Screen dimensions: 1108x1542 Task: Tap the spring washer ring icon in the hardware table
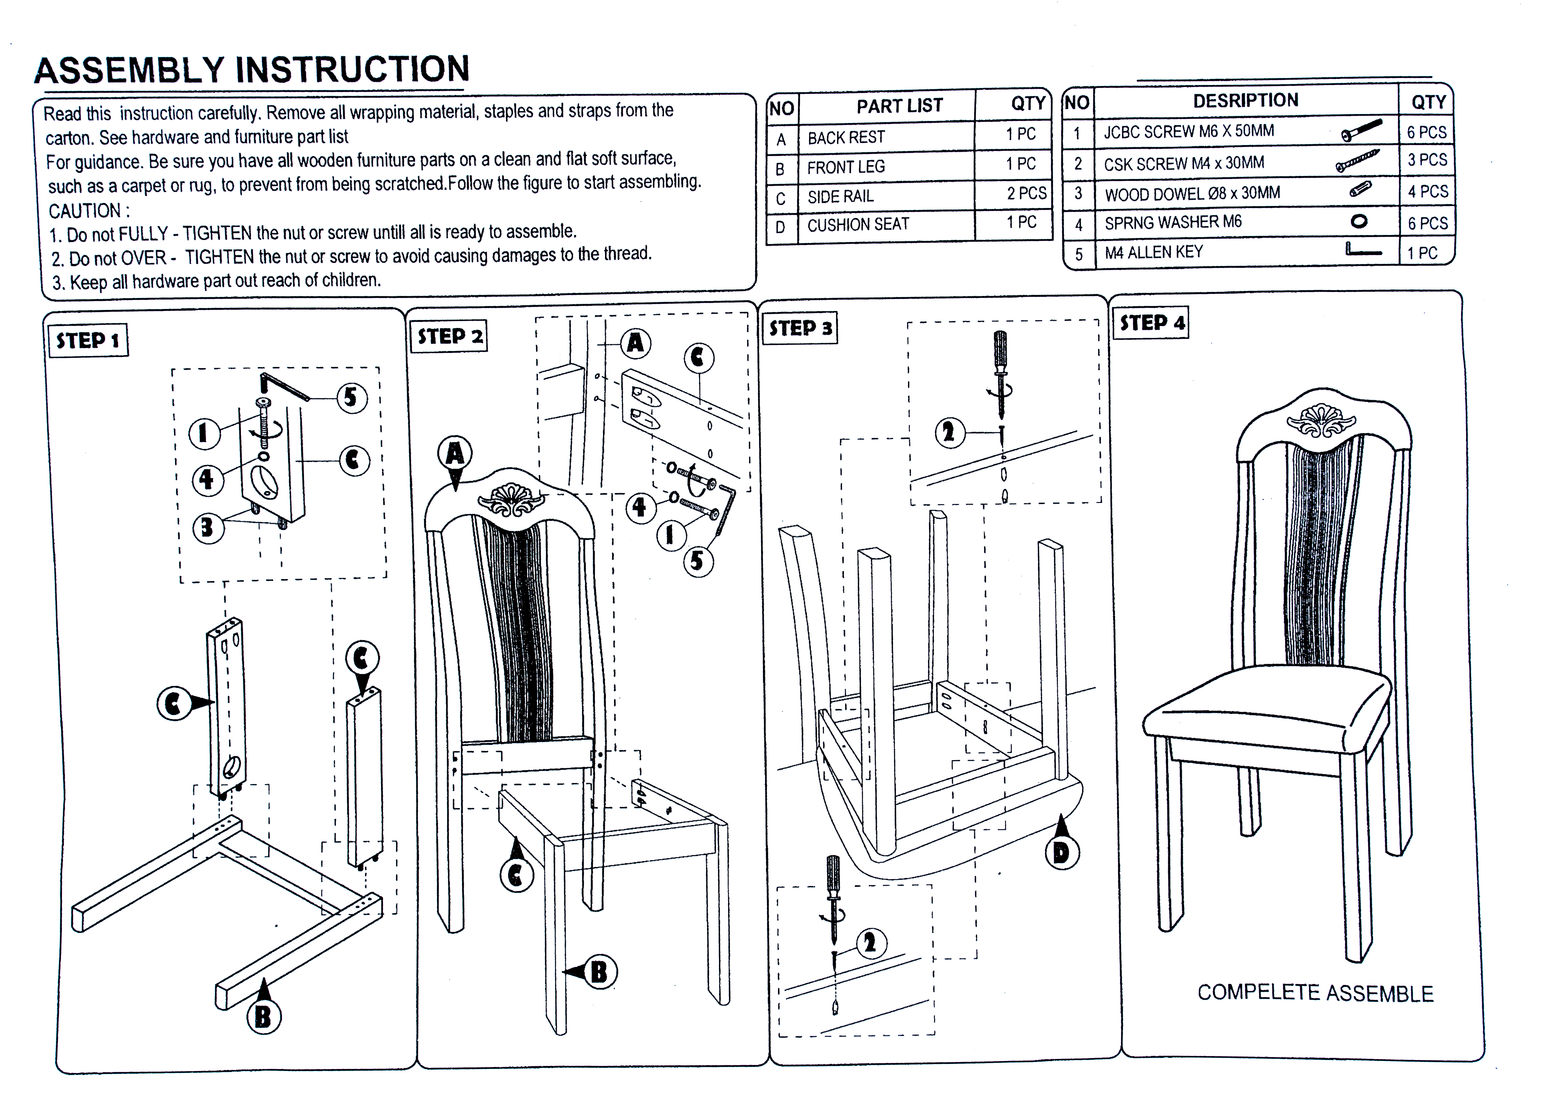[x=1358, y=221]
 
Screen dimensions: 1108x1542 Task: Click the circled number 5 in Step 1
[x=351, y=397]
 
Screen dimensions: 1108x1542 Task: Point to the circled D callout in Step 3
[x=1061, y=852]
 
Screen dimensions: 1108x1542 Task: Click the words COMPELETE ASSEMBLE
[x=1315, y=994]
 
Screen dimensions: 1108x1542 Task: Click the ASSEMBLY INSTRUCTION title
[x=252, y=70]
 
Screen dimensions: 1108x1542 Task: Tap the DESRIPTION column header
[x=1246, y=101]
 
